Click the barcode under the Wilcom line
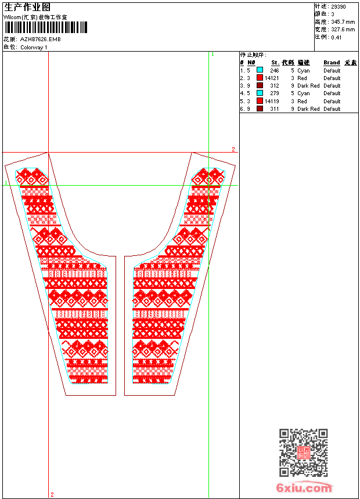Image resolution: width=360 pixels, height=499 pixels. click(46, 27)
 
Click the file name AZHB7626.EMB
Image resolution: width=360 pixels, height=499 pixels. click(40, 39)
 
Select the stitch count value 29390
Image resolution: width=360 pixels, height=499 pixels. click(338, 6)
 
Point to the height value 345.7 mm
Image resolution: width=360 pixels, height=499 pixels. click(343, 21)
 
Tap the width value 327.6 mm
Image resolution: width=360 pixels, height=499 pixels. click(343, 29)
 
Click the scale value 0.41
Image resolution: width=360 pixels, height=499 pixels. click(336, 37)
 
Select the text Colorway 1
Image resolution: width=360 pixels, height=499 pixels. click(34, 47)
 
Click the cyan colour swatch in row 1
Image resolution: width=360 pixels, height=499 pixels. click(260, 70)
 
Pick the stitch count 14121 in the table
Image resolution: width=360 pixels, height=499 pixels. click(272, 78)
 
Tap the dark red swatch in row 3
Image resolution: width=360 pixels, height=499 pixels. click(260, 85)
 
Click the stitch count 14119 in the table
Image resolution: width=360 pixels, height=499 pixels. click(272, 101)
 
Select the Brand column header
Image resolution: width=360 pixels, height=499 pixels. click(332, 63)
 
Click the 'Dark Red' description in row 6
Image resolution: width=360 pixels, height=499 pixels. click(308, 109)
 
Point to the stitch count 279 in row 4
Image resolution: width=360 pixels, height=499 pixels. click(274, 93)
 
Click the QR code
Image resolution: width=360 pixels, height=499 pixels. click(303, 452)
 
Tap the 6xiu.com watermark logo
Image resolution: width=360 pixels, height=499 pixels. click(304, 489)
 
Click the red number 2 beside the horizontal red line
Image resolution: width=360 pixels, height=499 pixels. click(233, 149)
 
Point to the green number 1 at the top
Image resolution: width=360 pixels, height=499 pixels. click(213, 54)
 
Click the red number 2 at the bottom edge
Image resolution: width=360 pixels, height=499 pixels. click(52, 494)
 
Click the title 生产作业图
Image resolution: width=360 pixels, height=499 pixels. click(27, 7)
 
